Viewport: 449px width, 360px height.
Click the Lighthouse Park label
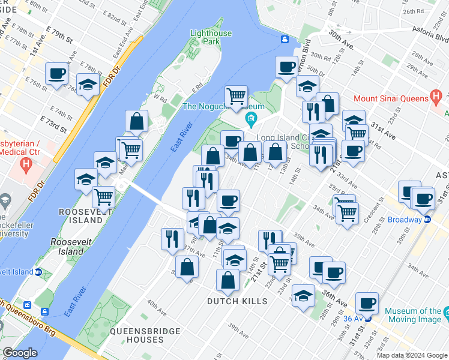(x=211, y=38)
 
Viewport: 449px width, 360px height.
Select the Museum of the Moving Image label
(x=412, y=315)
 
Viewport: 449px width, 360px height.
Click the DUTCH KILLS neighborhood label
(x=237, y=301)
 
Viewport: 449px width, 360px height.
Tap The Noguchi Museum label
(x=215, y=106)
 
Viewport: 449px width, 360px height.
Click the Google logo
(x=20, y=352)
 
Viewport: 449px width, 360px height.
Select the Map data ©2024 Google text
(x=412, y=355)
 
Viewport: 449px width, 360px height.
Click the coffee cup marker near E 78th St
(x=58, y=74)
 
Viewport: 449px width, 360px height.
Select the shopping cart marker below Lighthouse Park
(x=237, y=96)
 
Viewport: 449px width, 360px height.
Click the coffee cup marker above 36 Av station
(x=366, y=304)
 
